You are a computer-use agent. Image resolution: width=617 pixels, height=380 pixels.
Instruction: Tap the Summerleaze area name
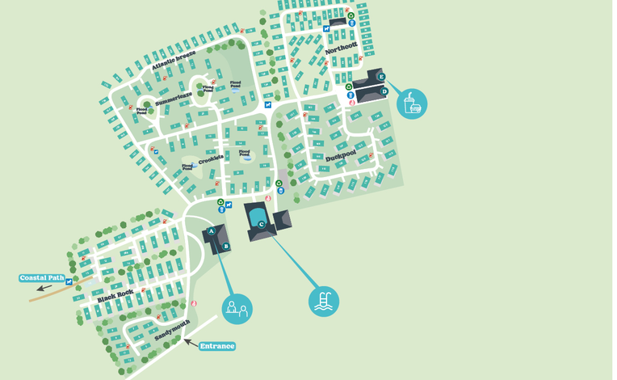point(173,100)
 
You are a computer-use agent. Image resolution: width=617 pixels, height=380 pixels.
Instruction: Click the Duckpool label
point(340,154)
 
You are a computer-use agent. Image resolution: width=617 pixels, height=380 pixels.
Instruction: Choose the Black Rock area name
point(115,296)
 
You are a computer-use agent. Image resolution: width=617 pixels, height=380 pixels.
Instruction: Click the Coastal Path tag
point(42,278)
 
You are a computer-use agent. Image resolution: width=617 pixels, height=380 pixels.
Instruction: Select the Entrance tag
point(217,346)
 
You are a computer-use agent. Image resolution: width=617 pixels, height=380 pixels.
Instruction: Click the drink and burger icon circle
point(412,103)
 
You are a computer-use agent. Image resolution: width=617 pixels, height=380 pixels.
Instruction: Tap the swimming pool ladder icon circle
point(324,301)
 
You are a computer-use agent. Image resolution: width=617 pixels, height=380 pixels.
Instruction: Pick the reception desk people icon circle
point(237,308)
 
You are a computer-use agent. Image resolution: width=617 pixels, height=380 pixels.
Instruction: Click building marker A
point(212,231)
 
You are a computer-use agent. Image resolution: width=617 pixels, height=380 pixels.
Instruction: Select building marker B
point(226,247)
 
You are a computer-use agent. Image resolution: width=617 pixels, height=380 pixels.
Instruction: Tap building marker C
point(261,224)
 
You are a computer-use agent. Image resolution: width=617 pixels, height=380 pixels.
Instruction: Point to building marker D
point(384,92)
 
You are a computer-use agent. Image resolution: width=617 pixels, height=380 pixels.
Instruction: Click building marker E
point(381,78)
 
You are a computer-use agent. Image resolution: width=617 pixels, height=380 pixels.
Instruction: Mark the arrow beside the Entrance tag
point(191,342)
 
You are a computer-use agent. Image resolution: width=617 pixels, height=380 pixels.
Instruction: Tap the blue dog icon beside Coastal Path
point(69,281)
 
